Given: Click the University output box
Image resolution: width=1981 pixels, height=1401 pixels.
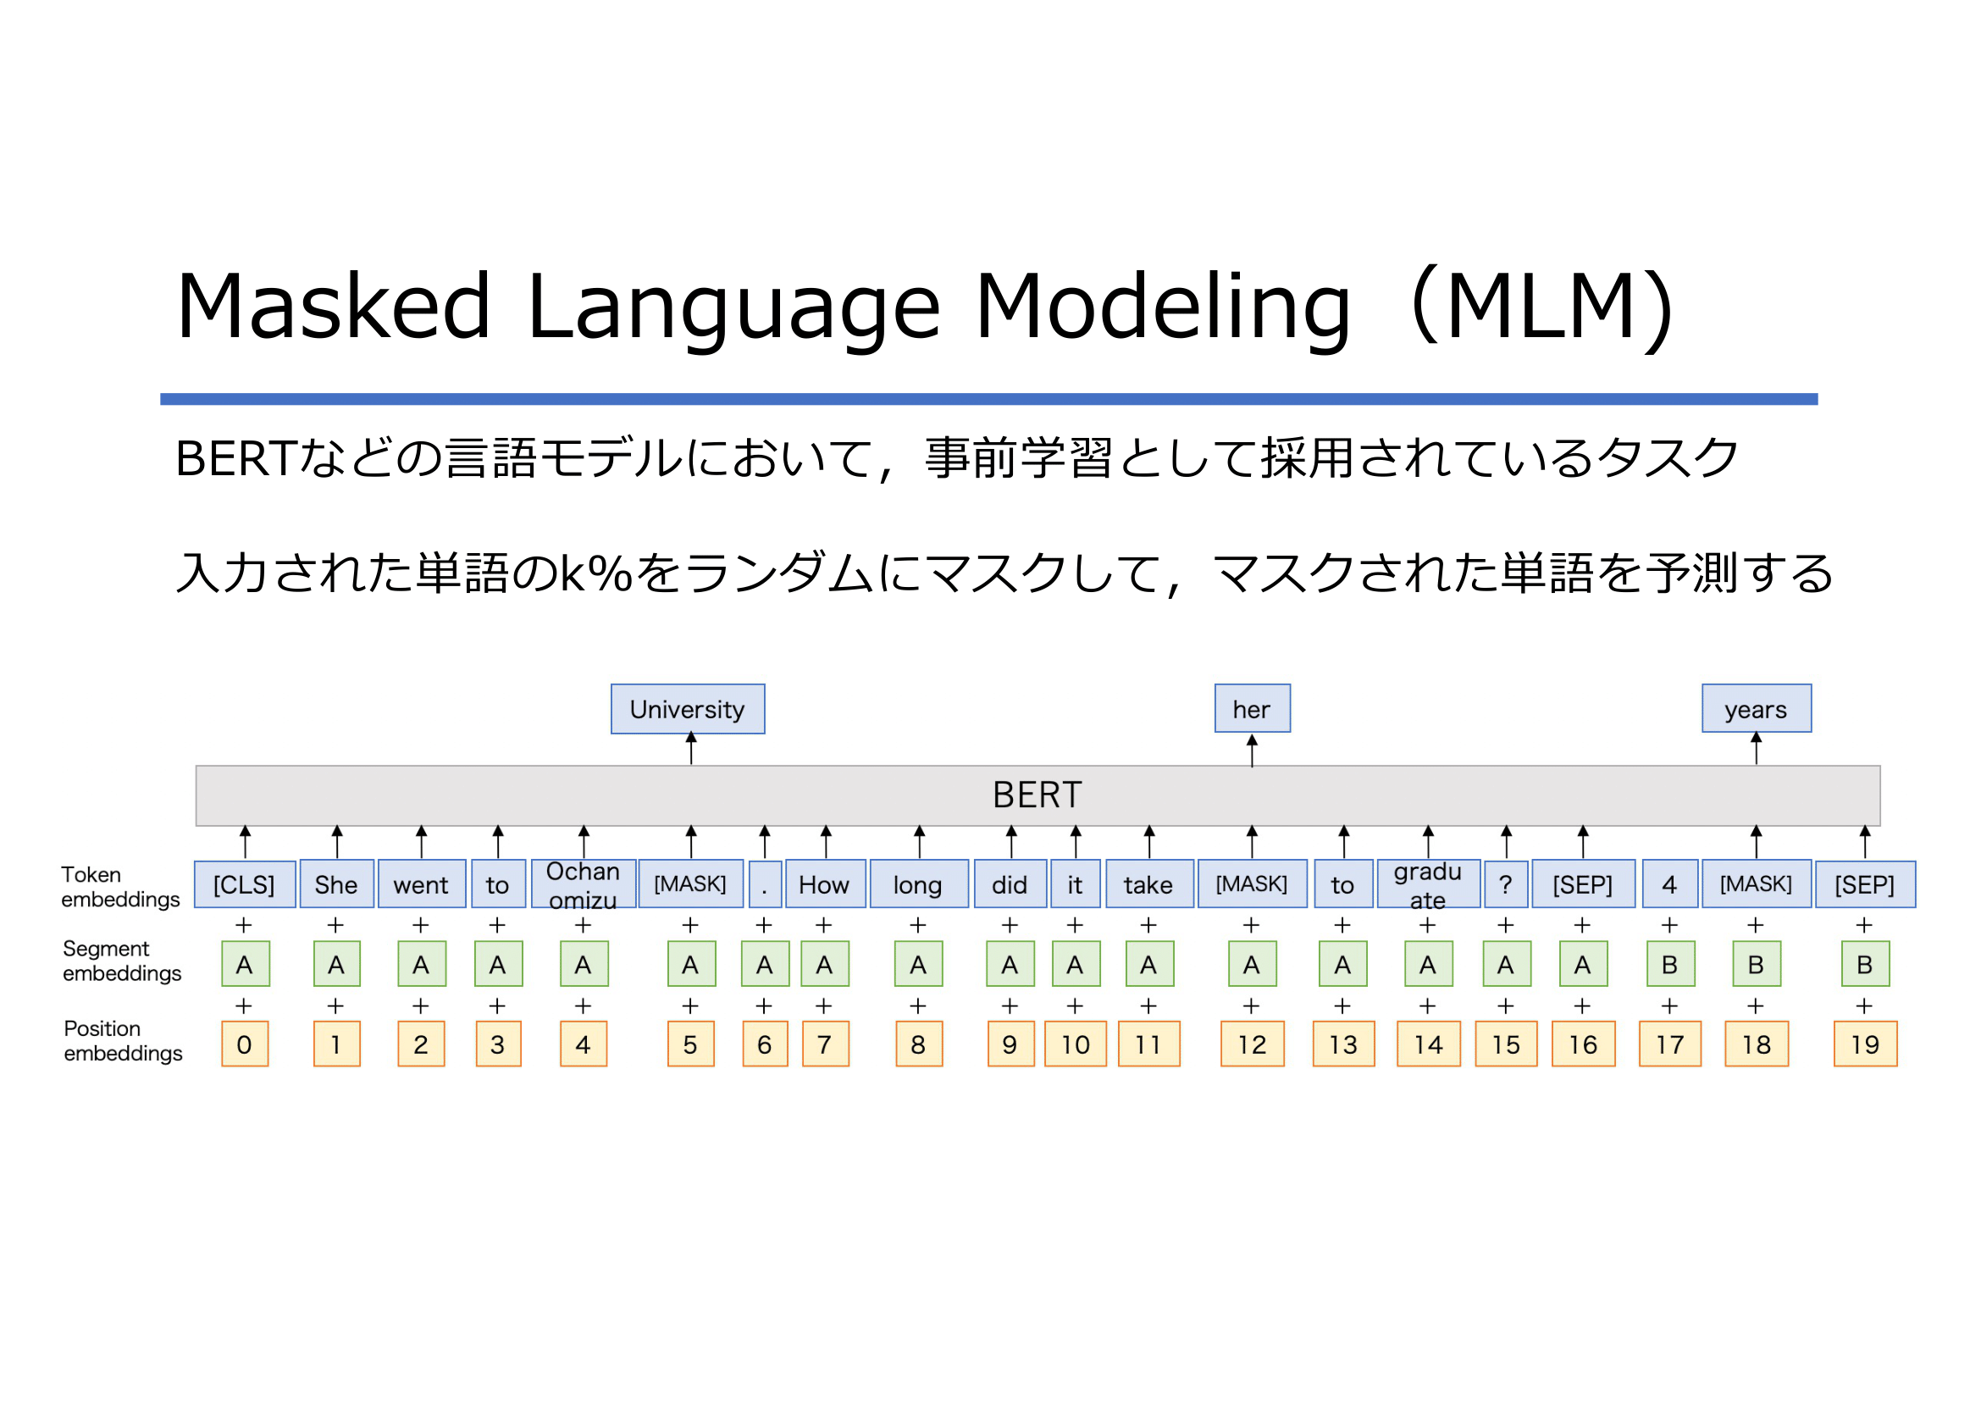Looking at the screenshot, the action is tap(688, 709).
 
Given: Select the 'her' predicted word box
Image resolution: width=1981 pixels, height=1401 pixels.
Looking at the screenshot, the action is tap(1252, 708).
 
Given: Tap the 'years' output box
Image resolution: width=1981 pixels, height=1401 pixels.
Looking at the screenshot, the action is tap(1757, 708).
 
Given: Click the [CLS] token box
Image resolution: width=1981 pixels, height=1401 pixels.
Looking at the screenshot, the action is tap(245, 884).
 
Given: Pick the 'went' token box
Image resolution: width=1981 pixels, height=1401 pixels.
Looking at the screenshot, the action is tap(422, 884).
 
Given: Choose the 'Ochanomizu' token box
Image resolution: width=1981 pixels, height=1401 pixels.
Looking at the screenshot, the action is tap(584, 884).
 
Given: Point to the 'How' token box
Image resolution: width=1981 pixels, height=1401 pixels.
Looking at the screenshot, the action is tap(825, 884).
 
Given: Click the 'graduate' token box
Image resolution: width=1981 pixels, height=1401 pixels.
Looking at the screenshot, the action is tap(1428, 884).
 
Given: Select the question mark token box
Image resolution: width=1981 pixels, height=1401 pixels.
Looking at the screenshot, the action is tap(1506, 884).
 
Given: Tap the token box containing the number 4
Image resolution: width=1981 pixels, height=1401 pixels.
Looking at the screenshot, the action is tap(1669, 884).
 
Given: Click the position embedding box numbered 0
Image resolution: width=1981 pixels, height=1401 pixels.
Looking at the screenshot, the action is tap(245, 1044).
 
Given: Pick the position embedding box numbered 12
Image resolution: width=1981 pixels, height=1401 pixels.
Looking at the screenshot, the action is tap(1252, 1044).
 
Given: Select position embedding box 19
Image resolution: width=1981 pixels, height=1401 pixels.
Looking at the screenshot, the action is tap(1865, 1044).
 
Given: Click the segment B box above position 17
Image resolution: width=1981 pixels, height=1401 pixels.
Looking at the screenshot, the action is tap(1669, 964).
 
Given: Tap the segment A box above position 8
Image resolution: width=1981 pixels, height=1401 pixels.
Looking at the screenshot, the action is tap(918, 964).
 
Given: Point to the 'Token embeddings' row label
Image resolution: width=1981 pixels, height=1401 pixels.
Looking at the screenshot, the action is tap(121, 887).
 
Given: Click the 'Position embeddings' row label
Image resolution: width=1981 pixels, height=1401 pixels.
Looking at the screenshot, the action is tap(123, 1040).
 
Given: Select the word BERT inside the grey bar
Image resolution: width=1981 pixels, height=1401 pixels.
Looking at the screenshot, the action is tap(1038, 795).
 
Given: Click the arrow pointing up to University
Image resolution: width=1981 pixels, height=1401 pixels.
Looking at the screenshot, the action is tap(691, 748).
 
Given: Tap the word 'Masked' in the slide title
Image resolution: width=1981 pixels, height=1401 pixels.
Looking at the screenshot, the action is tap(334, 307).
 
